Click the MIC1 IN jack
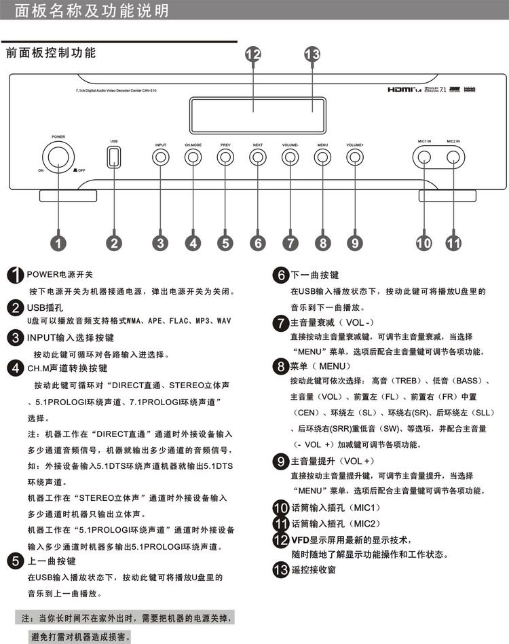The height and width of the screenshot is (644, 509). click(423, 157)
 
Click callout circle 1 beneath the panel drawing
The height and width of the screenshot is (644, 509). click(59, 242)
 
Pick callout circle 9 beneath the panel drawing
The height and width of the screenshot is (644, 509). click(354, 242)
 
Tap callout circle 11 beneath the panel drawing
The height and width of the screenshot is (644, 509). click(453, 242)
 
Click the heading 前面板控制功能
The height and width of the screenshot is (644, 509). click(51, 52)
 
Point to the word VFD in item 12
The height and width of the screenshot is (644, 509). click(300, 539)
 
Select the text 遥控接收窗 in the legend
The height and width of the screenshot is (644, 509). click(313, 570)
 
